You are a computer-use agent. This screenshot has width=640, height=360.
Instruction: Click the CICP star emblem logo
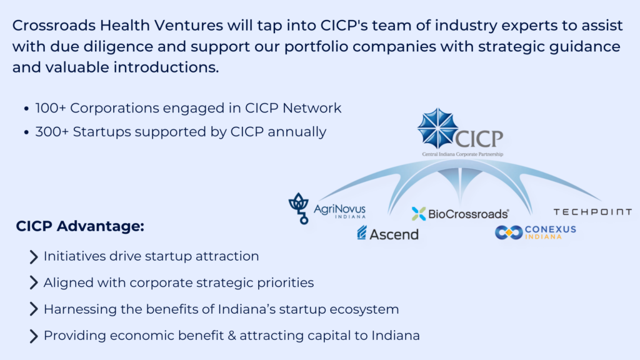(437, 128)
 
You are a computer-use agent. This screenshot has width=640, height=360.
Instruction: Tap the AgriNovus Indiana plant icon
(298, 208)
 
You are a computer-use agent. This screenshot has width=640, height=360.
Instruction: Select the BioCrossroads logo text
(468, 214)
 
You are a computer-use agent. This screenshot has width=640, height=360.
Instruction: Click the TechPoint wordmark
(592, 212)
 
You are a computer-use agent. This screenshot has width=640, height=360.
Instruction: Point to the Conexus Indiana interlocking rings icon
(509, 232)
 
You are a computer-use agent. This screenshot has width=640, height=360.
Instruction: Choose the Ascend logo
(387, 234)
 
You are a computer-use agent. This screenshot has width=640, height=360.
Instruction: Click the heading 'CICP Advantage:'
(80, 226)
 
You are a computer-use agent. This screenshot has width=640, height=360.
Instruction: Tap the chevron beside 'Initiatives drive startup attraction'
(34, 257)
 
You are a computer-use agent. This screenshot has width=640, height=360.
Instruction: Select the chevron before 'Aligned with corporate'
(34, 282)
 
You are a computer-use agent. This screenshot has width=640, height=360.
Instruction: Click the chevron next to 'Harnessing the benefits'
(34, 309)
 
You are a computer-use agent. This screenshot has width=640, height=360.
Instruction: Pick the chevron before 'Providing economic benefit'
(34, 336)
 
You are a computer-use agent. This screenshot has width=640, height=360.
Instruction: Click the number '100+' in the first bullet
(51, 108)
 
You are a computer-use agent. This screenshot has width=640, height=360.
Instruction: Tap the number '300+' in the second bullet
(52, 132)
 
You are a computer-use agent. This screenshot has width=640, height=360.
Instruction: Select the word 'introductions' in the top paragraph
(166, 67)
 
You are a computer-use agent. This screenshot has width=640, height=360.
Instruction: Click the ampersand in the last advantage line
(232, 336)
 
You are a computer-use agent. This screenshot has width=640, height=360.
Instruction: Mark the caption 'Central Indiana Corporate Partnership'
(462, 154)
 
